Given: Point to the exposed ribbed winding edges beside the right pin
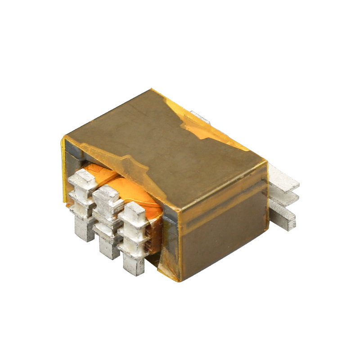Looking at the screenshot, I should click(x=153, y=238).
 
